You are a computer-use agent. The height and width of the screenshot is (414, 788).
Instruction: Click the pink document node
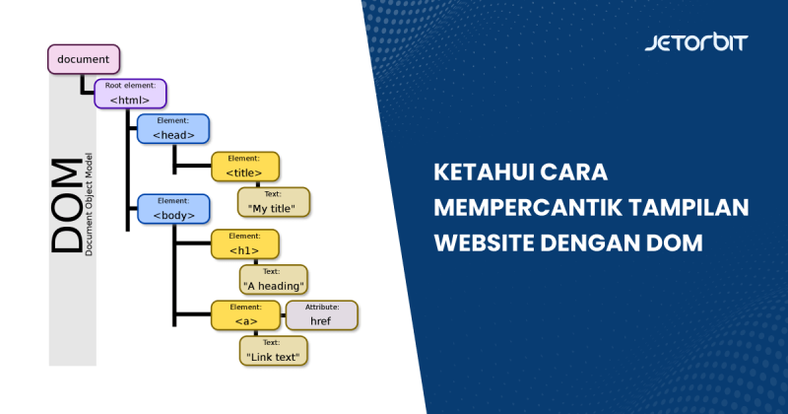pos(84,59)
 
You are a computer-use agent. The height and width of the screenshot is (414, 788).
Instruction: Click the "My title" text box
pos(274,203)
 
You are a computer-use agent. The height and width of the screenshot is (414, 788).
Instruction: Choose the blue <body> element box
pos(172,208)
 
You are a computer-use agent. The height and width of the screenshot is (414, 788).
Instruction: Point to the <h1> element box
pos(244,244)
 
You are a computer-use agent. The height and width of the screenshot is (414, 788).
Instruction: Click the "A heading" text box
pos(274,281)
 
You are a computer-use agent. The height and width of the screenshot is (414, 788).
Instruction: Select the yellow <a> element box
pos(244,315)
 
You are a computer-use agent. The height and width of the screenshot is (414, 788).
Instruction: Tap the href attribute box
pos(321,315)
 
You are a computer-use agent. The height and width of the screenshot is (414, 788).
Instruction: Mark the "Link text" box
pos(274,350)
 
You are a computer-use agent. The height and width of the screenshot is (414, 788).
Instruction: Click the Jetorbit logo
pos(695,43)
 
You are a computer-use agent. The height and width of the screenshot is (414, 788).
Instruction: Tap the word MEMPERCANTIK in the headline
pos(525,208)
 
